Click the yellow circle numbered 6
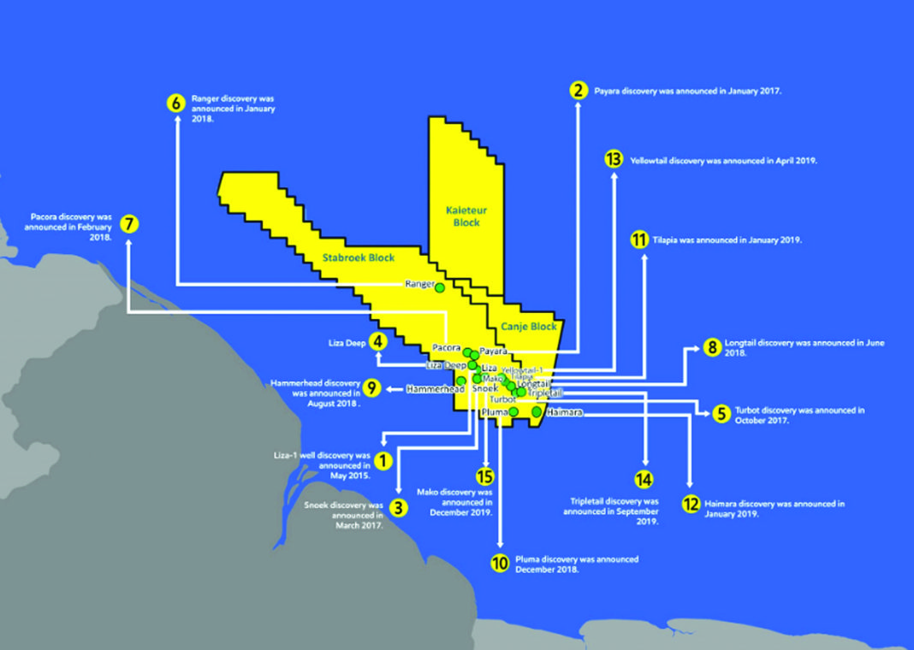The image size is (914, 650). [176, 103]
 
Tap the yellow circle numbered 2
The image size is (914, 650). [579, 90]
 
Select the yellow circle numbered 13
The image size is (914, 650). [613, 159]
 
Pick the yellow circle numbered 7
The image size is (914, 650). [129, 224]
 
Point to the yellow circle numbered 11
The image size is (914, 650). [639, 239]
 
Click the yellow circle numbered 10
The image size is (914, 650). [500, 563]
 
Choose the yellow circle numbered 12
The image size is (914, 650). [690, 504]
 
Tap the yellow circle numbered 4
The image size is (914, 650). [377, 341]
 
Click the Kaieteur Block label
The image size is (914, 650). [463, 216]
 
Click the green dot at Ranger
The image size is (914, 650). [440, 288]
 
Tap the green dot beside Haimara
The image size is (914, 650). [537, 411]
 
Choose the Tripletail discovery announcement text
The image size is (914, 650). [611, 510]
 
